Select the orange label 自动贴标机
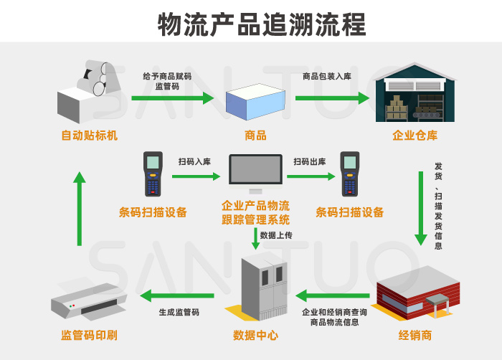89,136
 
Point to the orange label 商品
255,136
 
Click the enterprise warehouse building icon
415,94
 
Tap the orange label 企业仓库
415,136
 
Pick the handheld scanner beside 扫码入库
153,174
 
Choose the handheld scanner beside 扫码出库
349,174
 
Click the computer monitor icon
255,174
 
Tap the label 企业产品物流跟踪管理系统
255,213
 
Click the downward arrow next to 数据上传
255,239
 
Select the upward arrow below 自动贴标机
80,208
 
